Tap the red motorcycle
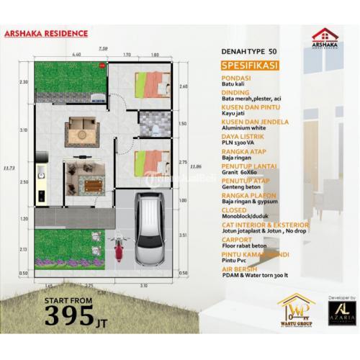coord(117,251)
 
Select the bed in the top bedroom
coord(150,83)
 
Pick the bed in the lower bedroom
coord(150,163)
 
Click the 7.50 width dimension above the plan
coord(104,48)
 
